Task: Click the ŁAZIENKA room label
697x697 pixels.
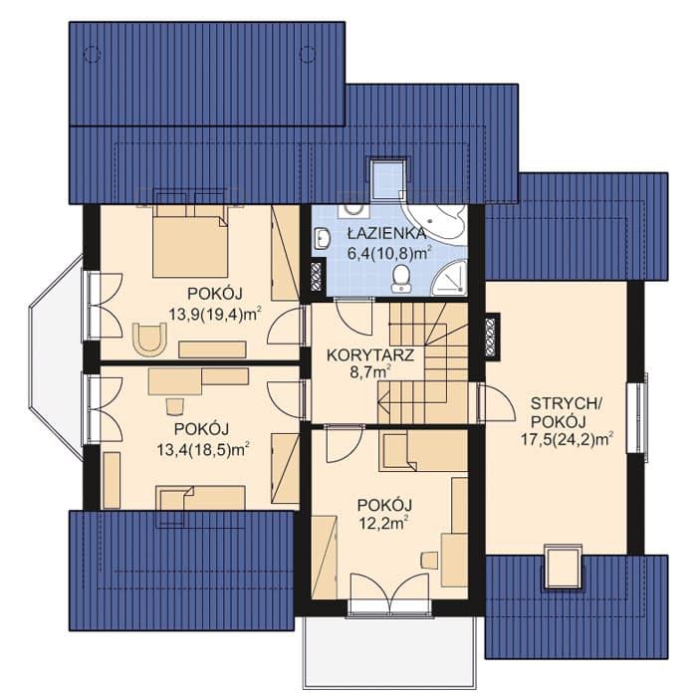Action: click(386, 233)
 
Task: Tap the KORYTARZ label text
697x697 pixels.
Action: click(370, 355)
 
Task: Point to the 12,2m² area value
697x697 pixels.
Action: click(384, 524)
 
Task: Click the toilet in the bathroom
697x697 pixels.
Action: click(402, 279)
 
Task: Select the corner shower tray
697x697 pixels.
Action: click(449, 278)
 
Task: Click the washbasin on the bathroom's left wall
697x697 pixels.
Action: click(322, 238)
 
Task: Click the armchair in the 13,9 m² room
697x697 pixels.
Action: click(149, 339)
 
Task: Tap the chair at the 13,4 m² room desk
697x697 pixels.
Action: click(174, 406)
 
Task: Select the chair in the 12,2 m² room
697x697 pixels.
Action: click(429, 560)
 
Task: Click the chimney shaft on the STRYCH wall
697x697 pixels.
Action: click(492, 337)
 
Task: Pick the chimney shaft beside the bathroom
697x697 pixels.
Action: click(318, 276)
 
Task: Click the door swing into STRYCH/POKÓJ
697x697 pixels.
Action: click(497, 403)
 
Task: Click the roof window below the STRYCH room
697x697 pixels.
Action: click(563, 567)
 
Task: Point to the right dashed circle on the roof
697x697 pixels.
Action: click(308, 54)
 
